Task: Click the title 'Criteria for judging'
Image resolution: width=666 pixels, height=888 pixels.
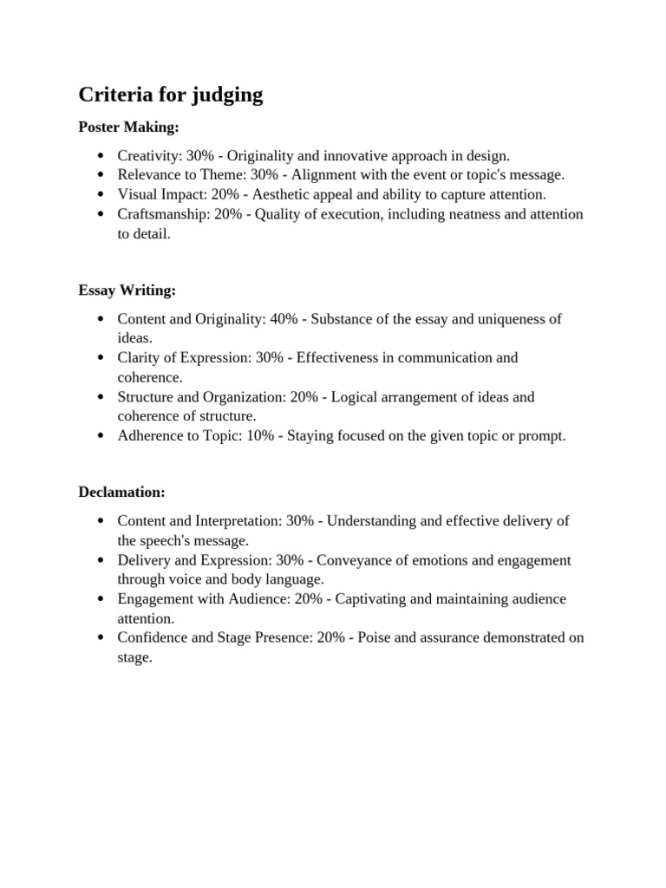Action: tap(171, 95)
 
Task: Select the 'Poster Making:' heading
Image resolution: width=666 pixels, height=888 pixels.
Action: tap(128, 127)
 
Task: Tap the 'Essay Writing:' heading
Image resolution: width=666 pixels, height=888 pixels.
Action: tap(127, 291)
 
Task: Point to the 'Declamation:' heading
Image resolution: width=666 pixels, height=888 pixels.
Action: tap(121, 492)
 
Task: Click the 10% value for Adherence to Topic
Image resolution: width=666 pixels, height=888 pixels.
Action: tap(260, 435)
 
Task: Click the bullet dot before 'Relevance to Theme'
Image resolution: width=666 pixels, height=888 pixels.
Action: tap(101, 175)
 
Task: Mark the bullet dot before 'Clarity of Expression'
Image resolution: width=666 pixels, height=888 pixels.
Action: tap(101, 358)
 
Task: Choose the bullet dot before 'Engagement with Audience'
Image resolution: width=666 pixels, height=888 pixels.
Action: tap(101, 599)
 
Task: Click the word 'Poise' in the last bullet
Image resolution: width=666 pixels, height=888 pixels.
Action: tap(375, 638)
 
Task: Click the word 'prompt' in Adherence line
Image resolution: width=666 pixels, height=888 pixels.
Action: tap(543, 435)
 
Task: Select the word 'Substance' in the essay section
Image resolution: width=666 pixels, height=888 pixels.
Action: tap(342, 319)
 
